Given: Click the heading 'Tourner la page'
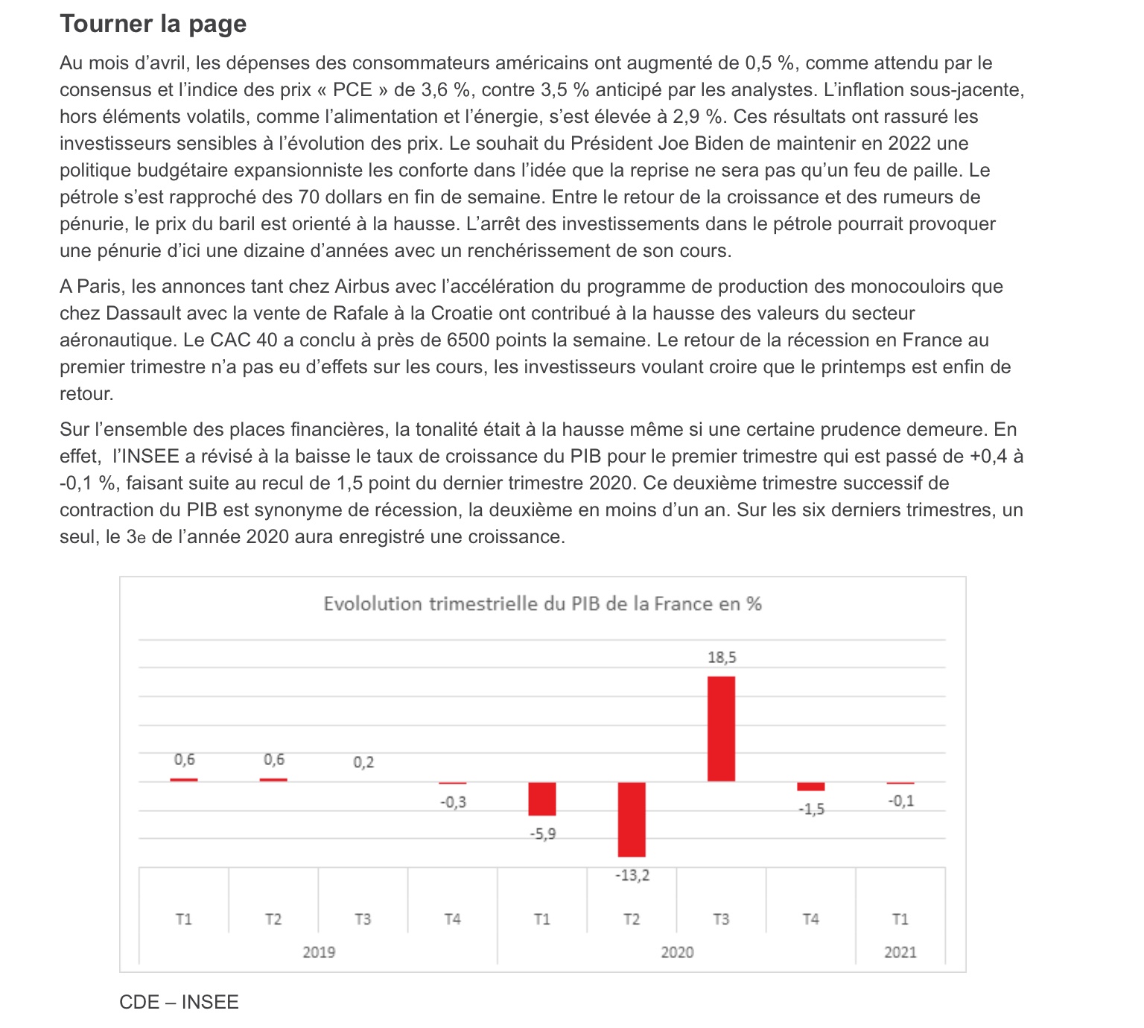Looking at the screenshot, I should point(153,24).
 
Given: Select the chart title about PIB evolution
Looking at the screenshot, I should point(542,603).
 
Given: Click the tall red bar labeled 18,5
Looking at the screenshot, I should point(721,729).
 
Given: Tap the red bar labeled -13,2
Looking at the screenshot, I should point(632,819).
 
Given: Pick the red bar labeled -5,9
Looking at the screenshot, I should point(542,799).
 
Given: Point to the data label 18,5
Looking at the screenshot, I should point(721,658).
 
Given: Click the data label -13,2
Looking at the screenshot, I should point(632,875).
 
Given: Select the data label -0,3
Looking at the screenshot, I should point(453,802).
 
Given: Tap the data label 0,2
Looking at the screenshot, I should point(363,762).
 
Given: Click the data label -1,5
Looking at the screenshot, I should point(811,809).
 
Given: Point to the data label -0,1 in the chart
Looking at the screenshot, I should point(900,801).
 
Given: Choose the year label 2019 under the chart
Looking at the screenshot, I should point(319,952).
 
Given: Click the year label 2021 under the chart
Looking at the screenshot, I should point(900,952).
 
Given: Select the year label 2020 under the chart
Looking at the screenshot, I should point(676,952).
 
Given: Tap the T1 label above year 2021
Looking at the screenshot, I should point(900,919).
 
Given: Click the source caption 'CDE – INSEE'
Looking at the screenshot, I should point(179,1002).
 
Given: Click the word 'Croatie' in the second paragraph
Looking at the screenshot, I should point(462,314).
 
